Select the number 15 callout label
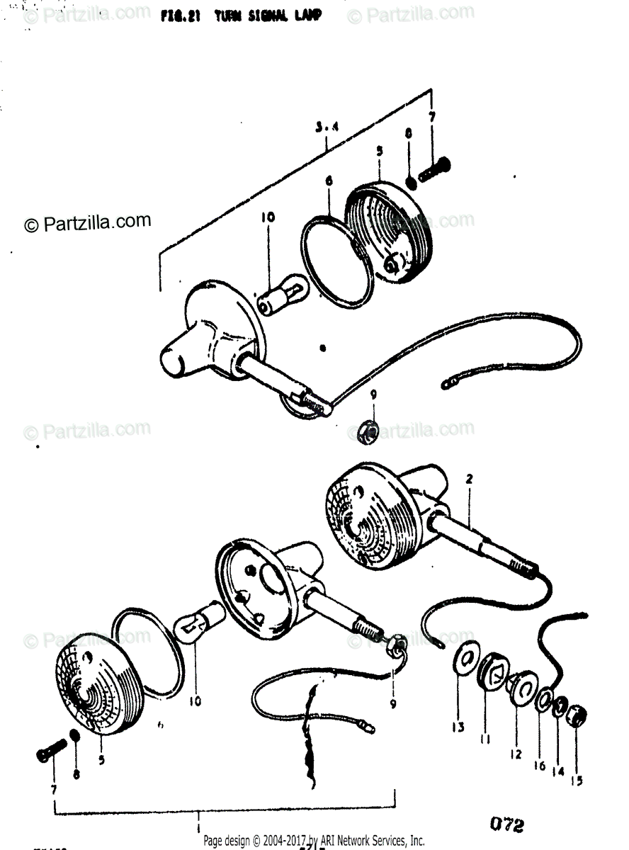coord(577,781)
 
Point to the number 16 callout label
coord(540,765)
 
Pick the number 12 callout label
coord(516,754)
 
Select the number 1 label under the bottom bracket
coord(198,826)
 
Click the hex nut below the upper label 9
coord(367,431)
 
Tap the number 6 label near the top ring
coord(329,182)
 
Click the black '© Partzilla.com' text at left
coord(89,223)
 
